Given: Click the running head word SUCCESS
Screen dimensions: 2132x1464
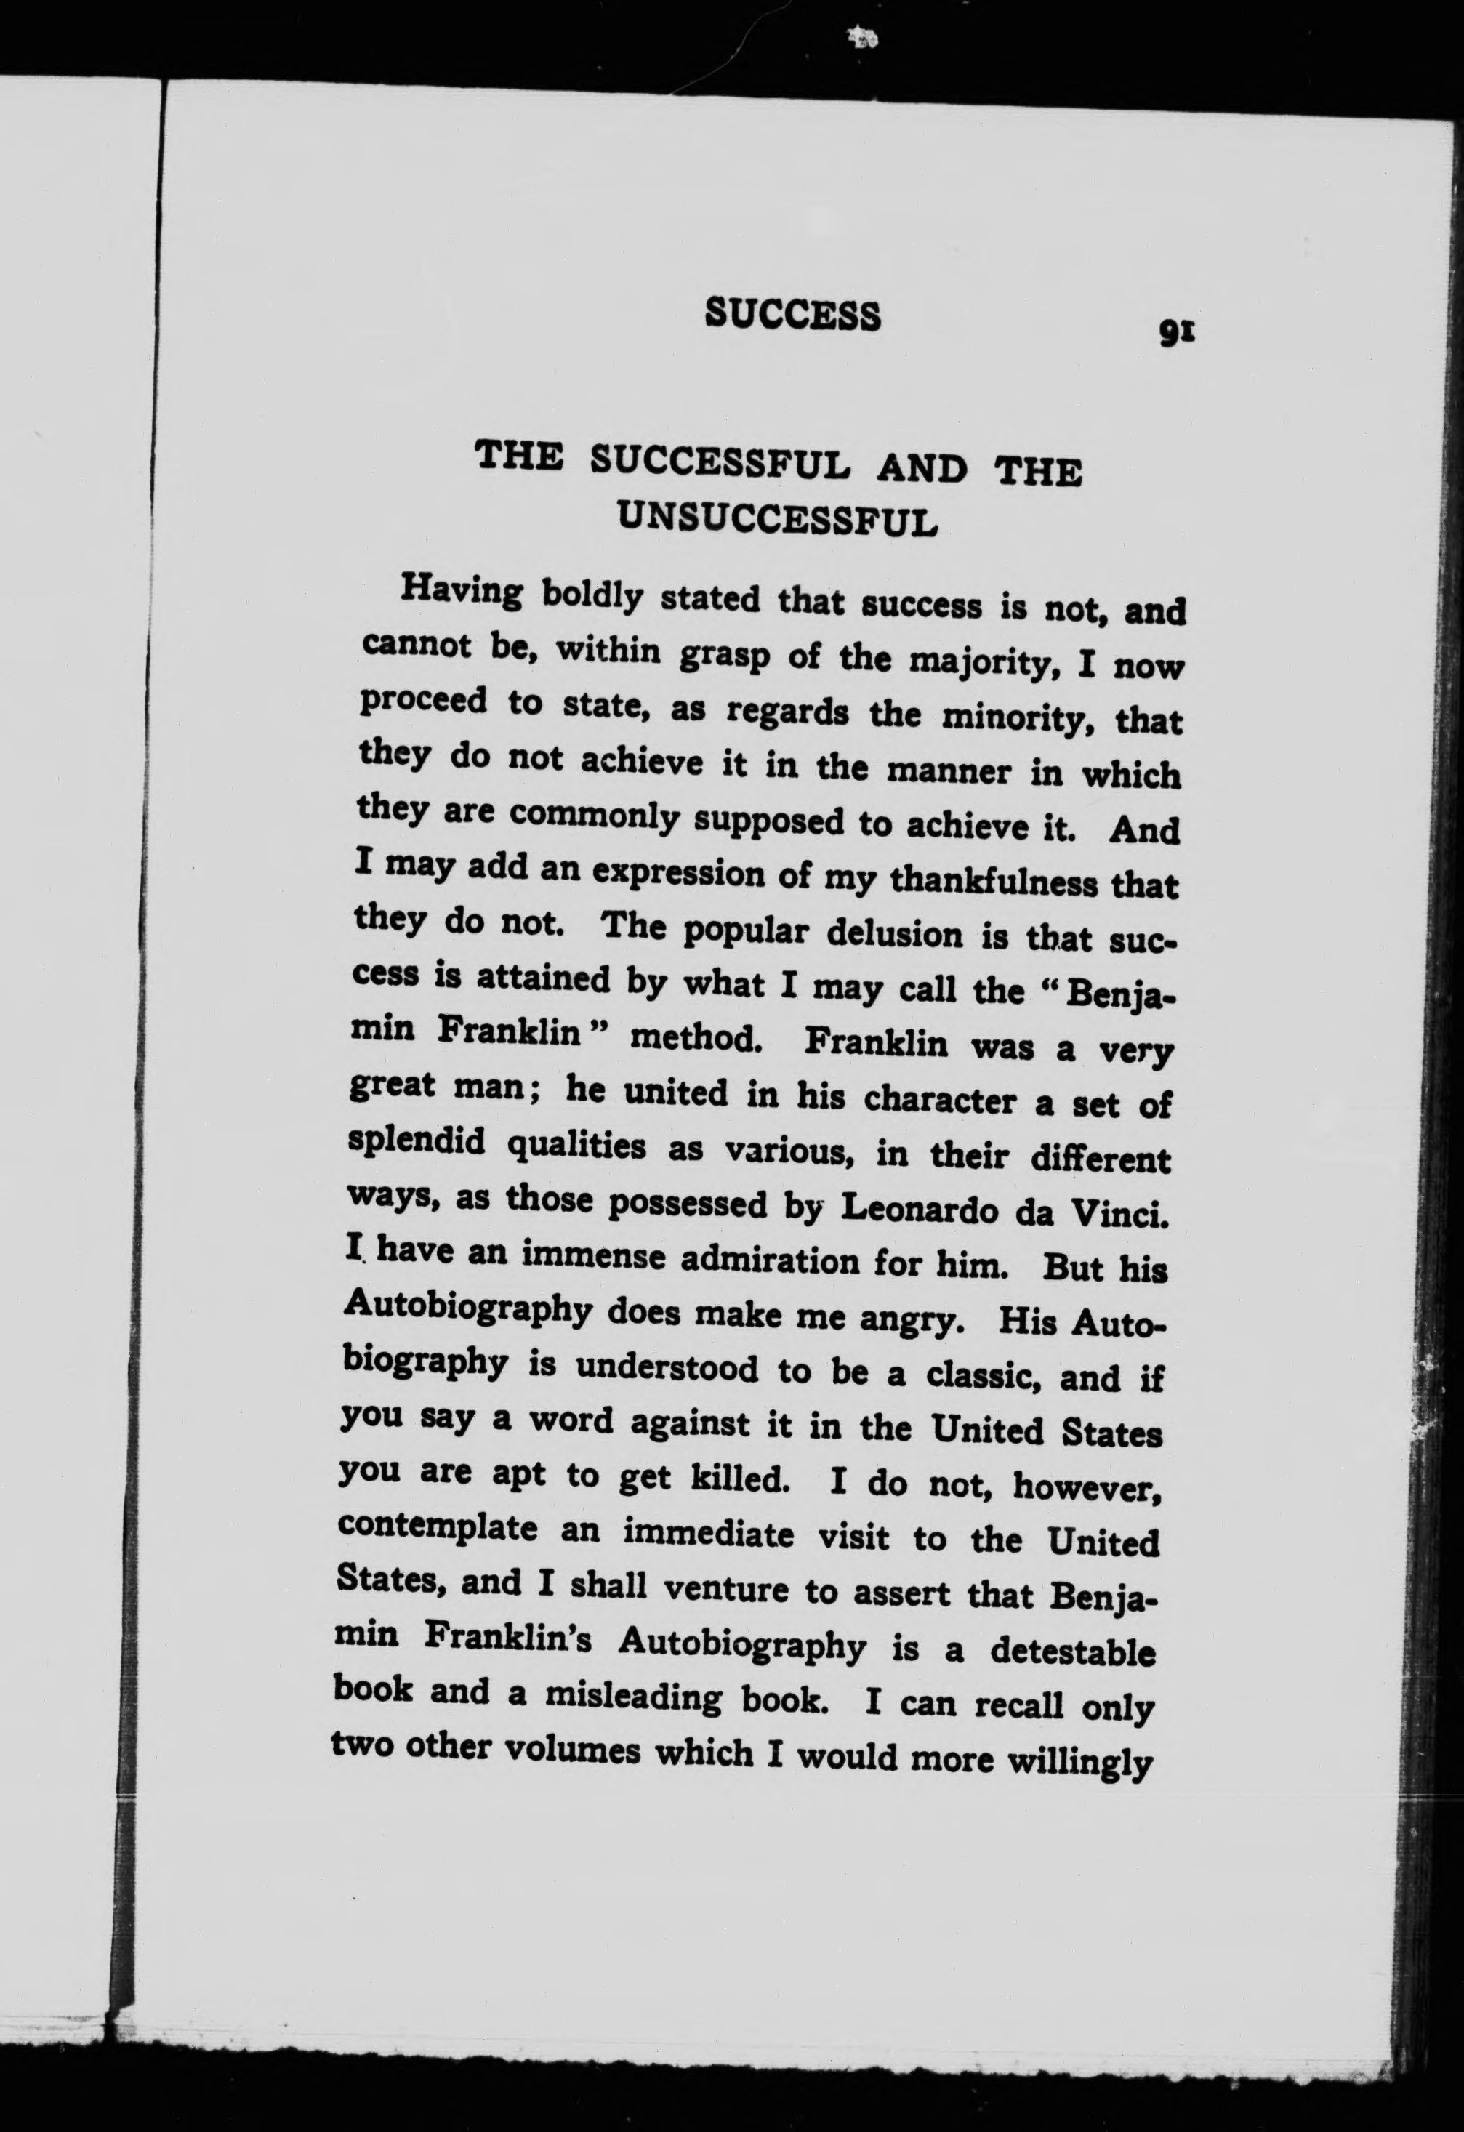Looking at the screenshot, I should tap(792, 314).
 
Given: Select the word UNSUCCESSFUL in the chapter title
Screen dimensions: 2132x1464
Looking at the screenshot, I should tap(777, 518).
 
